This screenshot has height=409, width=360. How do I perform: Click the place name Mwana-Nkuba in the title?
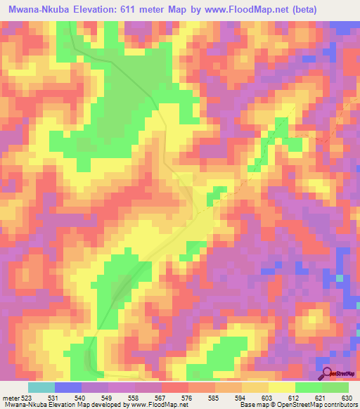36,9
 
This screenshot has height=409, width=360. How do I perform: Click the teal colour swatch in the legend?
41,387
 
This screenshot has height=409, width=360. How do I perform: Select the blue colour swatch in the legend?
68,387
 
